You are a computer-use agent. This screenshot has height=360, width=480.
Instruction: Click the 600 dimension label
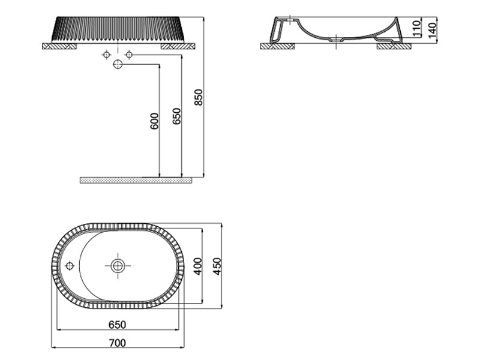(x=154, y=121)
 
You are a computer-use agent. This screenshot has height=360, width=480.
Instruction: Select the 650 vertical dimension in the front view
(x=176, y=116)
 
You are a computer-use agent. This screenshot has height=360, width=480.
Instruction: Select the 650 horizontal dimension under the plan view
(x=118, y=325)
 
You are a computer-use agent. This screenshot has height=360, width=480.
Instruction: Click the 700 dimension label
(x=118, y=343)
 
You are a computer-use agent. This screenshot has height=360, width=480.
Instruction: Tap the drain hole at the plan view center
(x=118, y=265)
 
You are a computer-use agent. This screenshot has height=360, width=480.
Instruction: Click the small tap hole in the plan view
(x=70, y=265)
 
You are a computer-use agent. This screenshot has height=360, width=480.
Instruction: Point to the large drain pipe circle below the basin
(x=118, y=64)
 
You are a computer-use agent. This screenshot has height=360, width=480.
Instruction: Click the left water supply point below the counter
(x=107, y=55)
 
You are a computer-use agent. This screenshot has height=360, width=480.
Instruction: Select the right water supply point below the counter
(x=128, y=55)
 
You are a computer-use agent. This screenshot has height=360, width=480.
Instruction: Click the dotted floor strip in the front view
(x=136, y=180)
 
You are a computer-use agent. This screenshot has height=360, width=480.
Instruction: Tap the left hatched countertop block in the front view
(x=59, y=46)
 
